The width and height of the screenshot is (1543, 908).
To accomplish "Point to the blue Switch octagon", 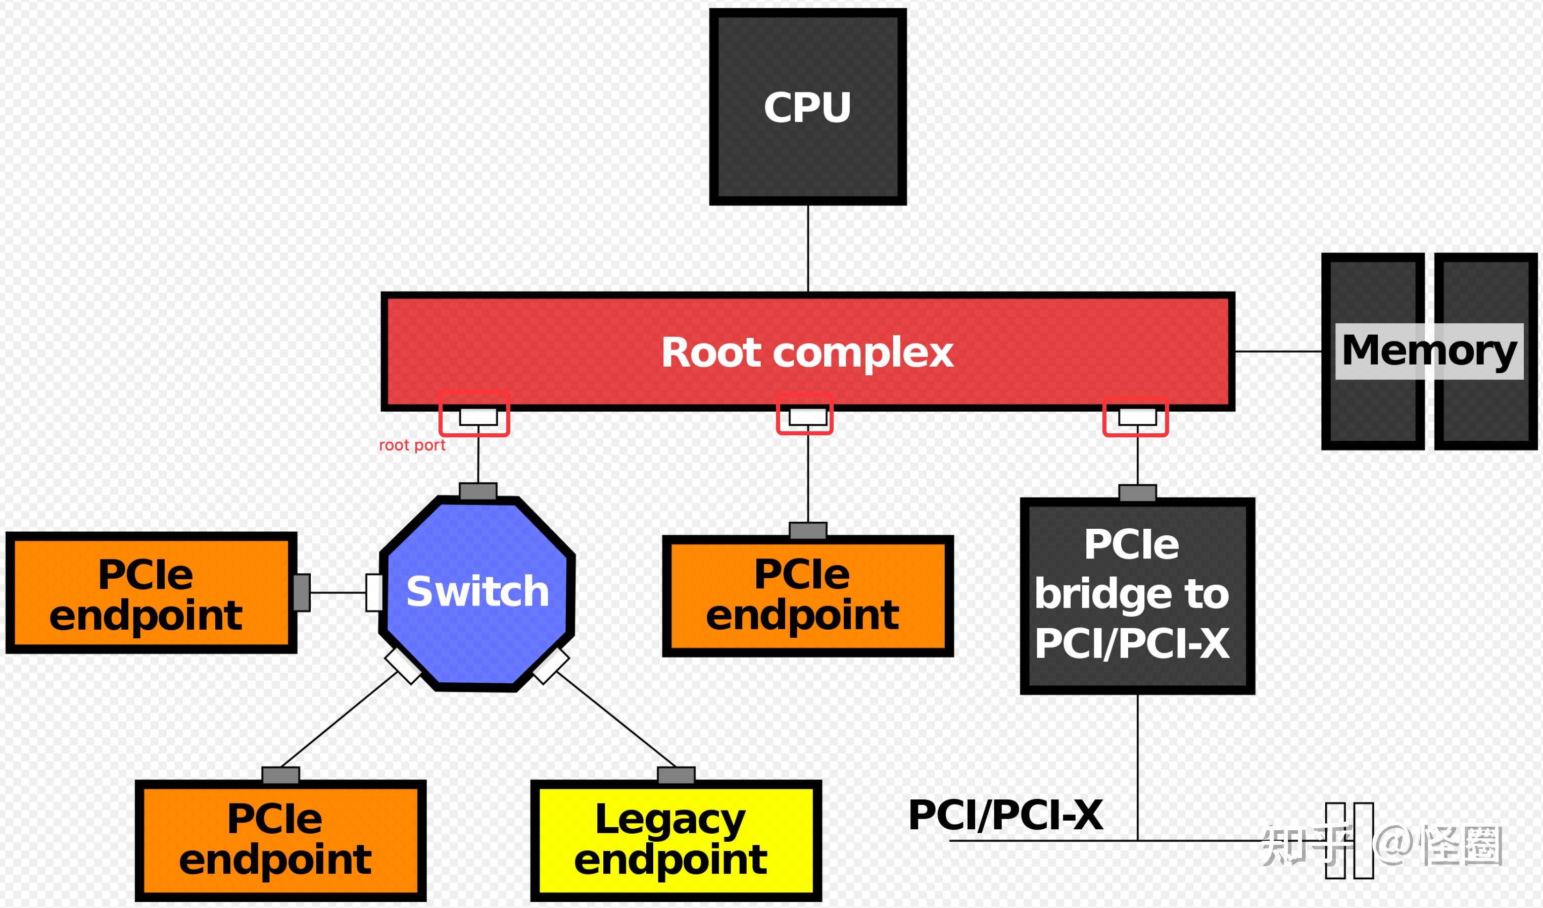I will coord(477,592).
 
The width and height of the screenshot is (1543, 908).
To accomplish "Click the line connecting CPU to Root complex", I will coord(808,248).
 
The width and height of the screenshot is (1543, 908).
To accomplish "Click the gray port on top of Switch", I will coord(477,491).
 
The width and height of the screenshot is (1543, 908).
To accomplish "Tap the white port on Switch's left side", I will coord(374,592).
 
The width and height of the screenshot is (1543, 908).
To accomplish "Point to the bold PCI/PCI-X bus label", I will coord(1005,815).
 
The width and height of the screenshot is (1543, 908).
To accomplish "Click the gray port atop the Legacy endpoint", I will coord(676,775).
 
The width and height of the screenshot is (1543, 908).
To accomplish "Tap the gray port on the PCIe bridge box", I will coord(1137,493).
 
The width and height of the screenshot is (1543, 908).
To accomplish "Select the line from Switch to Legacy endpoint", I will coord(615,721).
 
